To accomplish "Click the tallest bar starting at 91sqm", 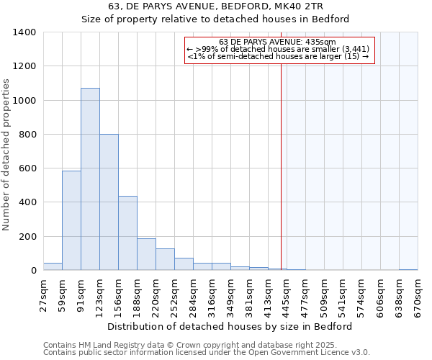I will coord(90,179).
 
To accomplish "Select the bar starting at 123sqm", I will coord(109,202).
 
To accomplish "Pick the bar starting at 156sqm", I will coord(127,233).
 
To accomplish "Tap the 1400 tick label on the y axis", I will coord(24,32).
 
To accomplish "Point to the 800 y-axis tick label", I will coord(27,135).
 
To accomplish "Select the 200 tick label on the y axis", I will coord(27,237).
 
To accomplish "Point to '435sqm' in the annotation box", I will coord(322,42).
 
